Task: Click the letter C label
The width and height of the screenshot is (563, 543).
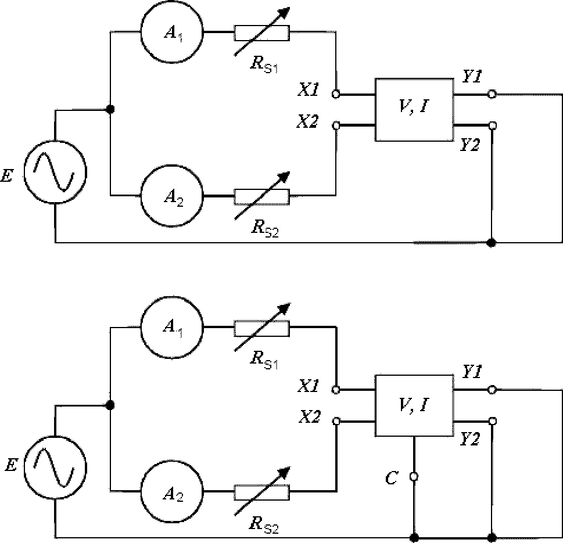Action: click(x=392, y=478)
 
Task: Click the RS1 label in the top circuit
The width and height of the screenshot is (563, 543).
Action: click(x=264, y=64)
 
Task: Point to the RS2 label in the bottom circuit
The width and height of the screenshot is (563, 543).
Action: click(x=264, y=524)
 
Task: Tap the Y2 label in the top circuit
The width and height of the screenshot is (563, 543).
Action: click(x=470, y=145)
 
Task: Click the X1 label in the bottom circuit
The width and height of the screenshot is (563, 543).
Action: click(x=309, y=387)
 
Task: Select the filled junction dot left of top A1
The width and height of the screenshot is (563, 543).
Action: click(x=110, y=109)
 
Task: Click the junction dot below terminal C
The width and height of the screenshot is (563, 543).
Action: click(x=414, y=537)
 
